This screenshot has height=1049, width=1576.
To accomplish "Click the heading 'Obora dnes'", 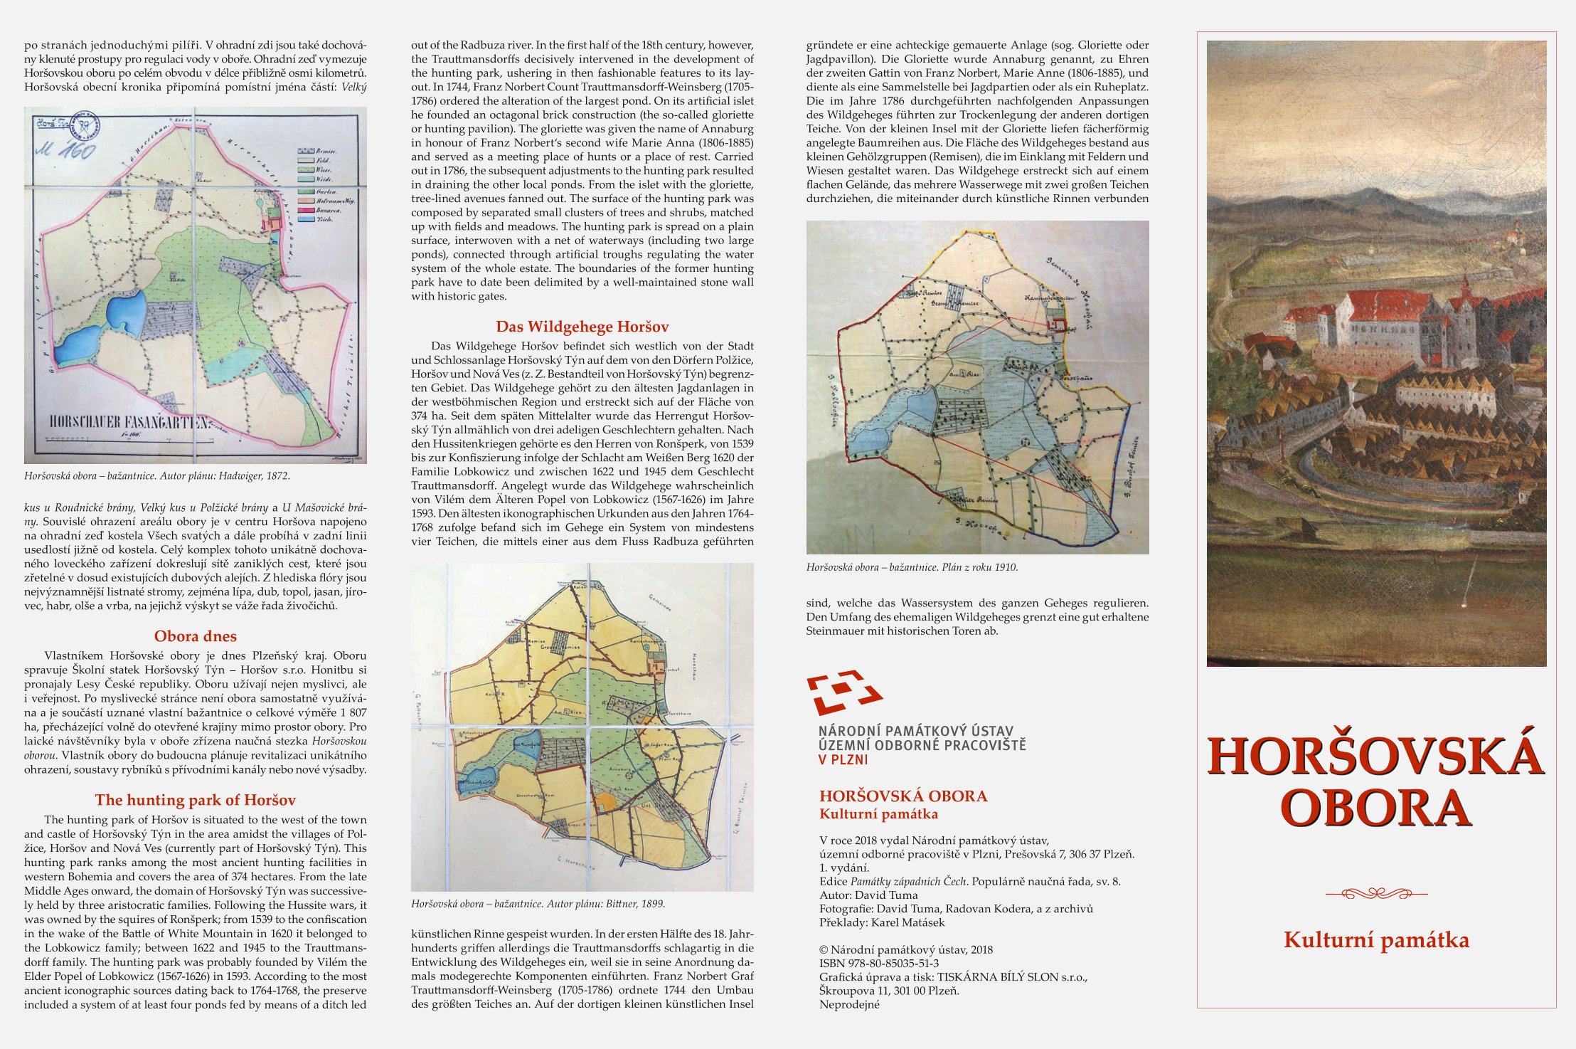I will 196,636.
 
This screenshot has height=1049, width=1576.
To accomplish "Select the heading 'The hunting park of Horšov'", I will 196,800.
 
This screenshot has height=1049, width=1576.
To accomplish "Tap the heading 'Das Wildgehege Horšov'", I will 582,327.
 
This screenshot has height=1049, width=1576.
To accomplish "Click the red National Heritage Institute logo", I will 843,691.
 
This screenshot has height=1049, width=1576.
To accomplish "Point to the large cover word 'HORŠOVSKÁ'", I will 1376,756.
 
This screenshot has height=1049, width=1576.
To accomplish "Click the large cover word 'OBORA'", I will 1376,808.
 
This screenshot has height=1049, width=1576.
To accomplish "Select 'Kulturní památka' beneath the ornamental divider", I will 1376,940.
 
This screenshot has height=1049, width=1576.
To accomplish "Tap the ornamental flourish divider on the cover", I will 1376,894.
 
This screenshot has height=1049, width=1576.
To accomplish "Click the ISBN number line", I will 879,964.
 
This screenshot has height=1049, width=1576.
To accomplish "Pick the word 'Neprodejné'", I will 849,1005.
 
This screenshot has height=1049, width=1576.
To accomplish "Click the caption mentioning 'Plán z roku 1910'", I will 912,568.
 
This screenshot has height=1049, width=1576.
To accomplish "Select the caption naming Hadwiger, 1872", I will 157,476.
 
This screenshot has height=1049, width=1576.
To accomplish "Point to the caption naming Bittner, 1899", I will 538,904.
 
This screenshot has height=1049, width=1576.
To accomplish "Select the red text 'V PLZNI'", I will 843,759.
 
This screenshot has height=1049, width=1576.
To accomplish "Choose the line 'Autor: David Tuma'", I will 868,895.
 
